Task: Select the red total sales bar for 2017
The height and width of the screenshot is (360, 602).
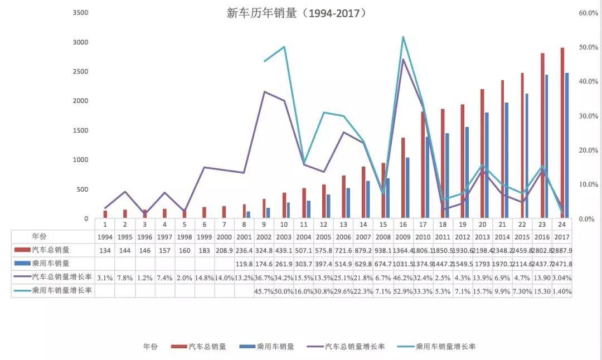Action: [562, 133]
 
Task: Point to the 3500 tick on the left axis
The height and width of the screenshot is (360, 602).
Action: [81, 13]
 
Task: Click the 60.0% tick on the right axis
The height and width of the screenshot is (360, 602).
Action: [589, 13]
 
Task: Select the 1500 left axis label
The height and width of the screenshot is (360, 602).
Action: [81, 130]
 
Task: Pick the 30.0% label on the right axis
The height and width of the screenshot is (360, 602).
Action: [589, 116]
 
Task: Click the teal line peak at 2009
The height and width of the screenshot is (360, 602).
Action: [403, 37]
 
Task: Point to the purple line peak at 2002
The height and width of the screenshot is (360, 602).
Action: [264, 91]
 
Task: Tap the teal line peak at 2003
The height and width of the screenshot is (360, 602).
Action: [284, 47]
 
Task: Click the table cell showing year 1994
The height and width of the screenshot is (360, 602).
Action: [105, 236]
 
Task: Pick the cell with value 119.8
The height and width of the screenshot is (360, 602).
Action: [244, 264]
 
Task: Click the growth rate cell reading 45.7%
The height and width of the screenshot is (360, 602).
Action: [264, 291]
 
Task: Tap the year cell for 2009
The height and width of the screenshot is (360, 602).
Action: [403, 236]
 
